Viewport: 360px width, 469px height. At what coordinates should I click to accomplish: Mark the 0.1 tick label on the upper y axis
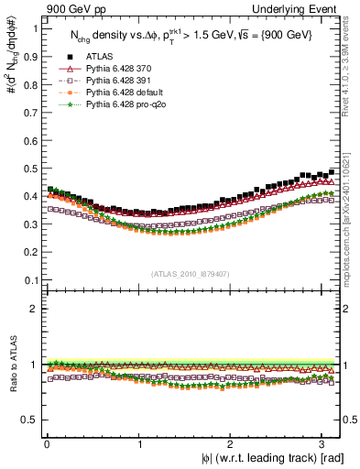[27, 280]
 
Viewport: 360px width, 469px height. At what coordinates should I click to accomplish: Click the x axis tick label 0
[47, 443]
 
